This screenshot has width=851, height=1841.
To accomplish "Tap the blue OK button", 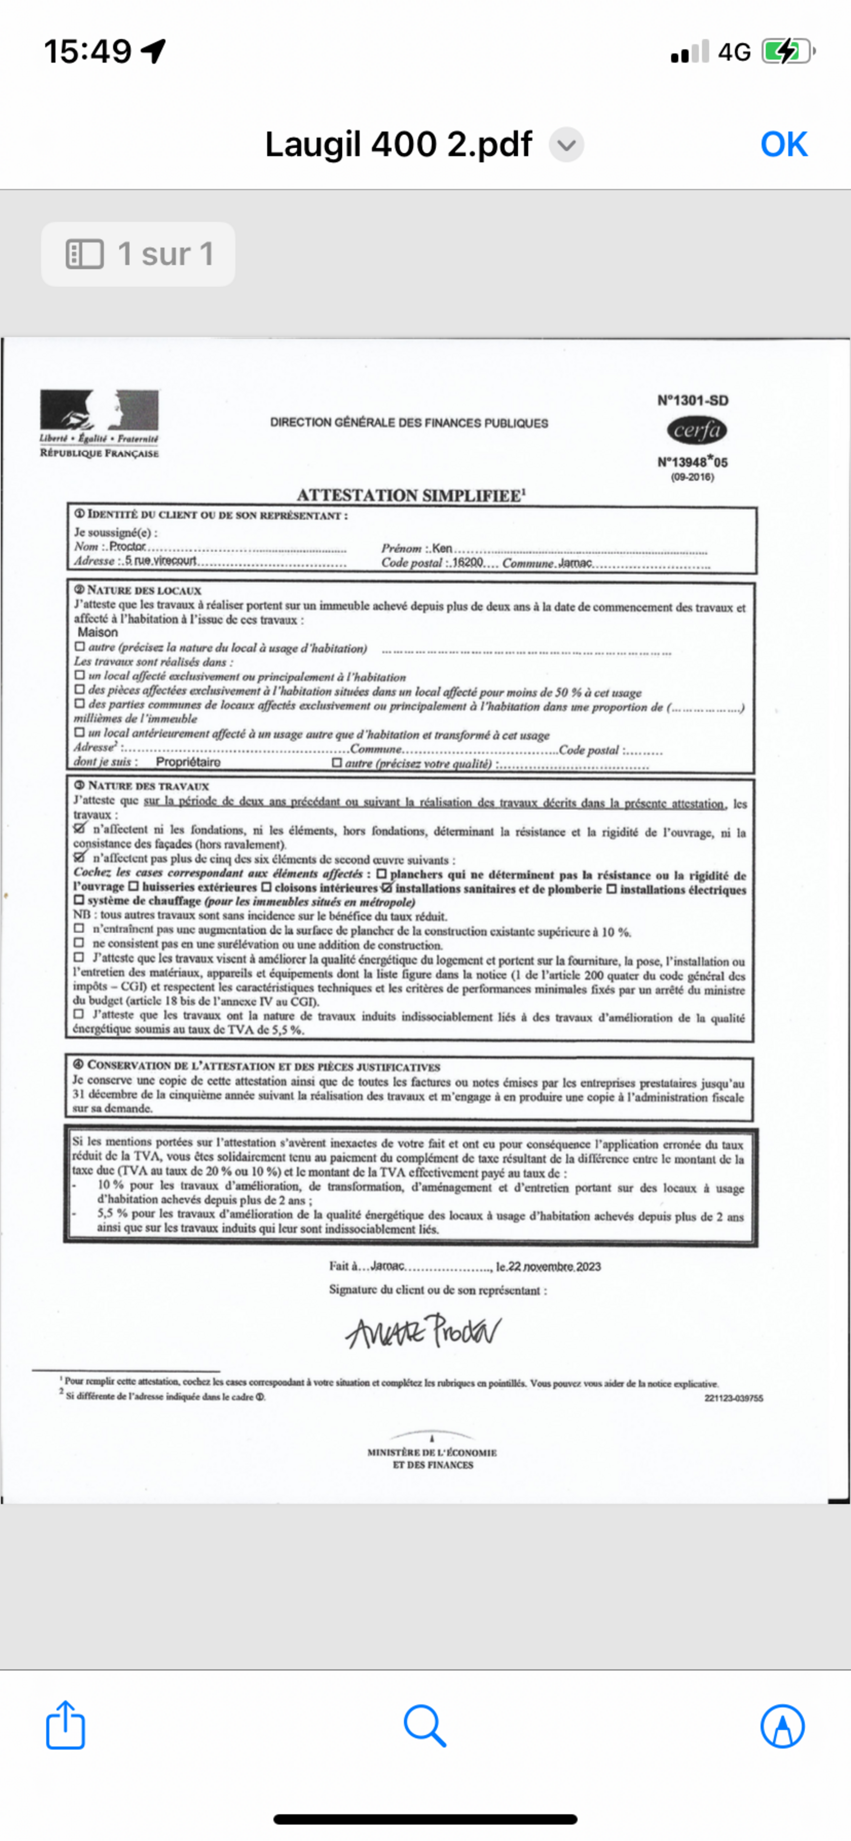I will click(784, 144).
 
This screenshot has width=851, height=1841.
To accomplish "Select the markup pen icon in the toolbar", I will click(782, 1726).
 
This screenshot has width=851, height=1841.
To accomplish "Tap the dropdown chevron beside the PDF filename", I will click(566, 145).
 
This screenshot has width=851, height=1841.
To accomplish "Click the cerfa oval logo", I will click(697, 430).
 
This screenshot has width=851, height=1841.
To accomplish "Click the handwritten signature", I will click(423, 1331).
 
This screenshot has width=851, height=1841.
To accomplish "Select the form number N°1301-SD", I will click(692, 400).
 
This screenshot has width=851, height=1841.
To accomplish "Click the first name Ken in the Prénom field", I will click(442, 548).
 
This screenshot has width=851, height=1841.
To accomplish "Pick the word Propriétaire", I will click(188, 762).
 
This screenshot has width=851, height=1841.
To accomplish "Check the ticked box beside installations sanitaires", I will click(387, 888).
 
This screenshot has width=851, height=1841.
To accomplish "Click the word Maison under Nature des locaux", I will click(98, 632).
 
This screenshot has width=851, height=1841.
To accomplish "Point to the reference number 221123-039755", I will click(733, 1398).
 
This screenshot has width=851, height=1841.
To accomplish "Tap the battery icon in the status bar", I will click(787, 51).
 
